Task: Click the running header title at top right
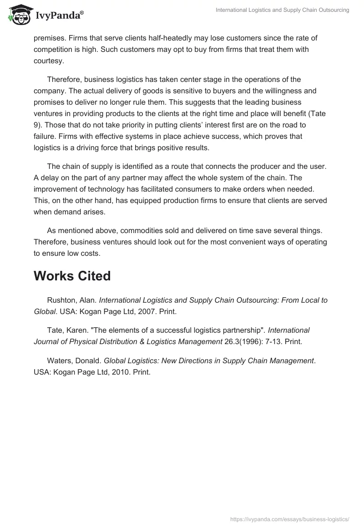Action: point(282,10)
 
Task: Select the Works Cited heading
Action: point(72,276)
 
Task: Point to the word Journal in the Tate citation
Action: point(47,341)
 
